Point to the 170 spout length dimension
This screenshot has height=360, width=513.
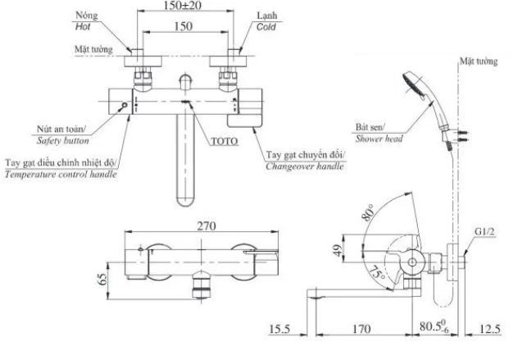click(x=361, y=332)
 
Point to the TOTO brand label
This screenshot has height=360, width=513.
click(x=224, y=141)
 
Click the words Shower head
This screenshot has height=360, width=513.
click(x=379, y=139)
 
